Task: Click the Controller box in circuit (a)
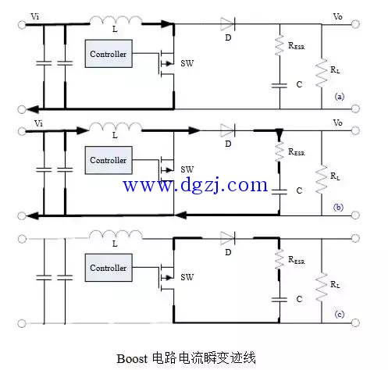(x=109, y=54)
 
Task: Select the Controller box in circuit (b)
(x=109, y=160)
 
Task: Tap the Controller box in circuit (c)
(x=109, y=268)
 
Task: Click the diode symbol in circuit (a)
(x=227, y=24)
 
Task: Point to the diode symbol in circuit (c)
(x=227, y=238)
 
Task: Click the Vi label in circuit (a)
(x=35, y=17)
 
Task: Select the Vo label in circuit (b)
(x=337, y=123)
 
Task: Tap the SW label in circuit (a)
(x=187, y=63)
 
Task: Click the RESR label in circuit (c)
(x=297, y=260)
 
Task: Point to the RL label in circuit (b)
(x=335, y=176)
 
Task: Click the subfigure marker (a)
(x=339, y=97)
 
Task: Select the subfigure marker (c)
(x=339, y=315)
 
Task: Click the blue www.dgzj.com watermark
(x=195, y=185)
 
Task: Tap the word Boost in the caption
(x=132, y=358)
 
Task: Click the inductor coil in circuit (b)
(x=116, y=126)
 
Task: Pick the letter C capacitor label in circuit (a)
(x=299, y=84)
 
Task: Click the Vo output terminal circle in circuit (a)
(x=355, y=24)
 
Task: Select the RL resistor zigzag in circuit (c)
(x=322, y=287)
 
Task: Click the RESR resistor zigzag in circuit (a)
(x=279, y=45)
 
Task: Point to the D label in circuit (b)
(x=228, y=144)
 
